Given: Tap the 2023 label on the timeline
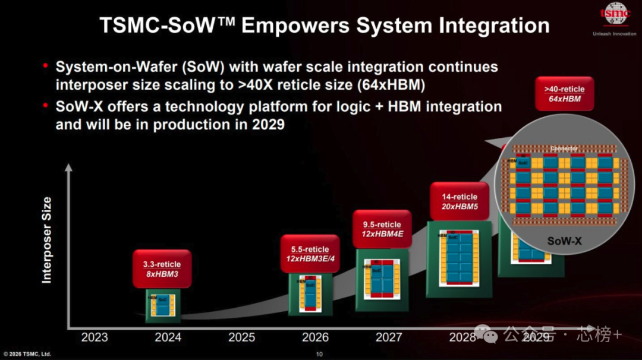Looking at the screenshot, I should [95, 337].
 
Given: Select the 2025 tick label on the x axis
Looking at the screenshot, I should [241, 337].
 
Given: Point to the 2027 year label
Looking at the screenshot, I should [389, 337].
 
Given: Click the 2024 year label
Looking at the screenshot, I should [168, 337].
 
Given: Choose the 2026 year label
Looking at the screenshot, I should [315, 337].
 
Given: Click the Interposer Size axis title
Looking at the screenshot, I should [47, 240].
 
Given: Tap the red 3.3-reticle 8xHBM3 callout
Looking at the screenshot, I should [162, 269].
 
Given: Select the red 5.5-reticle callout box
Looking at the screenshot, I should [309, 254].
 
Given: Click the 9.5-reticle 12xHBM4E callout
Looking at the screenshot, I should [382, 229].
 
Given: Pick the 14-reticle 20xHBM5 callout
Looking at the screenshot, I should [460, 201].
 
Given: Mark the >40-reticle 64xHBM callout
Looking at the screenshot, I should [564, 93].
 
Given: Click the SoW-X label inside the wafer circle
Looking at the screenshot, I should [564, 242].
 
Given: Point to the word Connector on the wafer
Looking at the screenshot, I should [564, 149].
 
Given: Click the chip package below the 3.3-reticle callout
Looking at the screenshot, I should [163, 305].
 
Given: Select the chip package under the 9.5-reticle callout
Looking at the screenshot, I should [382, 279].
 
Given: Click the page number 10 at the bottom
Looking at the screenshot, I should [319, 355].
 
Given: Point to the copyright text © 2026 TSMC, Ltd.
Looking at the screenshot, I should [27, 355].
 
